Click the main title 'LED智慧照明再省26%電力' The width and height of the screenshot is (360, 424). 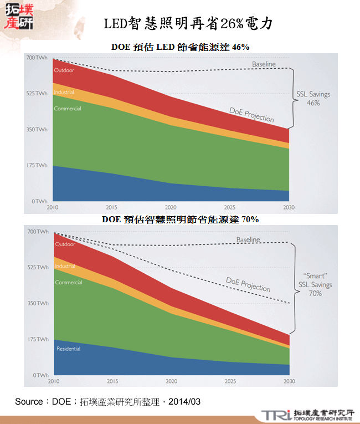tap(188, 24)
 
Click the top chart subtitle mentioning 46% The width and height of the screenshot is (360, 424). tap(181, 47)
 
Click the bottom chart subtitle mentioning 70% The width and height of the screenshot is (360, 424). tap(181, 219)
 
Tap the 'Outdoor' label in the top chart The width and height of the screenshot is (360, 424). tap(64, 70)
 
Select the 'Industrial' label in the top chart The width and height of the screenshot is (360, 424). tap(64, 92)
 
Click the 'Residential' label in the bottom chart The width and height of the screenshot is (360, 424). tap(68, 349)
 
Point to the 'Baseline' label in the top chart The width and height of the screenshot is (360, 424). tap(264, 64)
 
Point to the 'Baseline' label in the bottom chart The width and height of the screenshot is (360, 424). tap(248, 239)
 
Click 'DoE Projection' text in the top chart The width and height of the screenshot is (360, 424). tap(251, 115)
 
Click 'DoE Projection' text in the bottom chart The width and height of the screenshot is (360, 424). tap(248, 284)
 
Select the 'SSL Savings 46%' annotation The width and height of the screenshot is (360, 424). tap(313, 98)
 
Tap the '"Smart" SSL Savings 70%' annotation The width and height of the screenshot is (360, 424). tap(316, 284)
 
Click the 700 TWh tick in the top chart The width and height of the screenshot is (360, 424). tap(37, 58)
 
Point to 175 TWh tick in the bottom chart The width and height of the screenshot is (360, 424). tap(37, 339)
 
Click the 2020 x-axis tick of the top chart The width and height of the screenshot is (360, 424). tap(171, 207)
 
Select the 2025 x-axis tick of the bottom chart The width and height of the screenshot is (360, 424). tap(230, 381)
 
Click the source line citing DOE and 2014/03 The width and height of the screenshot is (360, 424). tap(107, 401)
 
